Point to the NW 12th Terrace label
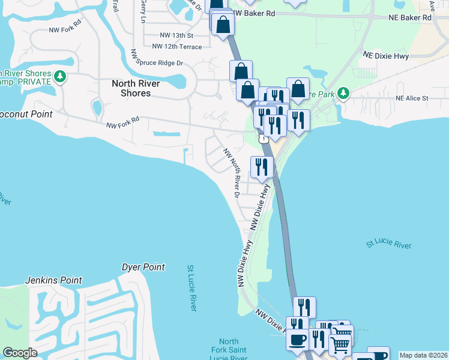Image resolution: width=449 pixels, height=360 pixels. pyautogui.click(x=176, y=46)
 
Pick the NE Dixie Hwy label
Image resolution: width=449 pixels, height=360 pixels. pyautogui.click(x=386, y=55)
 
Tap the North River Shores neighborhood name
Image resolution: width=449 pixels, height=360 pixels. pyautogui.click(x=139, y=88)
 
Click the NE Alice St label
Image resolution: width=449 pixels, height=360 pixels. pyautogui.click(x=412, y=98)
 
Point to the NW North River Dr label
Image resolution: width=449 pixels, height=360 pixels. pyautogui.click(x=231, y=173)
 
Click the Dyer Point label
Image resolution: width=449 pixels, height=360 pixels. pyautogui.click(x=143, y=267)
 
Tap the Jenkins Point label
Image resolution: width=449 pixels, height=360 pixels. pyautogui.click(x=53, y=280)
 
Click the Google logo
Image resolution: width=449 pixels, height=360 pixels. pyautogui.click(x=20, y=353)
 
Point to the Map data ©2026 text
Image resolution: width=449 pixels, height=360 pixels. pyautogui.click(x=423, y=355)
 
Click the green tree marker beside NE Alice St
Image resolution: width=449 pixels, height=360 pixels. pyautogui.click(x=343, y=93)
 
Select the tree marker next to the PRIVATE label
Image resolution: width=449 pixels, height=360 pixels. pyautogui.click(x=59, y=76)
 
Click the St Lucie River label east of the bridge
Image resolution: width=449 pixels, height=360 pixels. pyautogui.click(x=388, y=244)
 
